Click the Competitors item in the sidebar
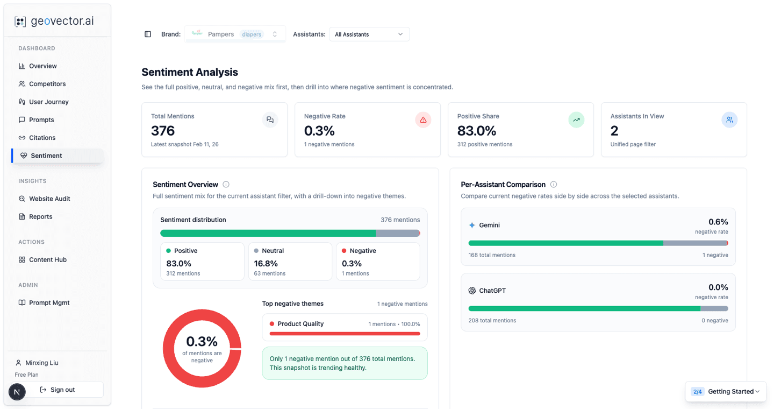[47, 84]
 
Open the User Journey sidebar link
[48, 102]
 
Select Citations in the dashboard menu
[42, 138]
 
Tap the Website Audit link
[49, 199]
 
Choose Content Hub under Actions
[47, 259]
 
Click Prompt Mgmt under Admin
[49, 302]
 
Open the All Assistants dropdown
[369, 34]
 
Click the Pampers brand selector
[235, 34]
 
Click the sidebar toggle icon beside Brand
[148, 34]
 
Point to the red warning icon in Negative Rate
[423, 120]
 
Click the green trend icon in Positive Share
[576, 120]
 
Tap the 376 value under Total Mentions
[163, 131]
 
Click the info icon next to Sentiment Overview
[226, 185]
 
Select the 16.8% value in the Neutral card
[266, 264]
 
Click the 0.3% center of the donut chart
[202, 342]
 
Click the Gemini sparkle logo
[472, 225]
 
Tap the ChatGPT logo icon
[472, 291]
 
